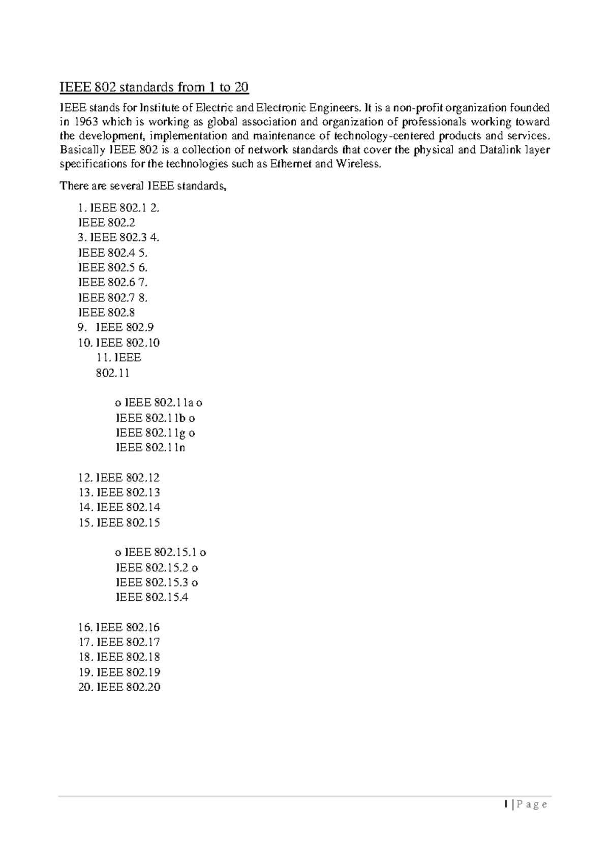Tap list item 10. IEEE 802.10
[x=119, y=343]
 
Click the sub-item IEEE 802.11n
[x=150, y=448]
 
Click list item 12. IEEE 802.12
[x=119, y=478]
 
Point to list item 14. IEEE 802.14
[x=119, y=507]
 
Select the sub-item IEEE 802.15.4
[x=152, y=597]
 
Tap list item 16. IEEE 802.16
[x=119, y=627]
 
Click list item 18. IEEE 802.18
[x=119, y=657]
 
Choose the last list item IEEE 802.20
[x=119, y=687]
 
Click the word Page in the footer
[x=533, y=805]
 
